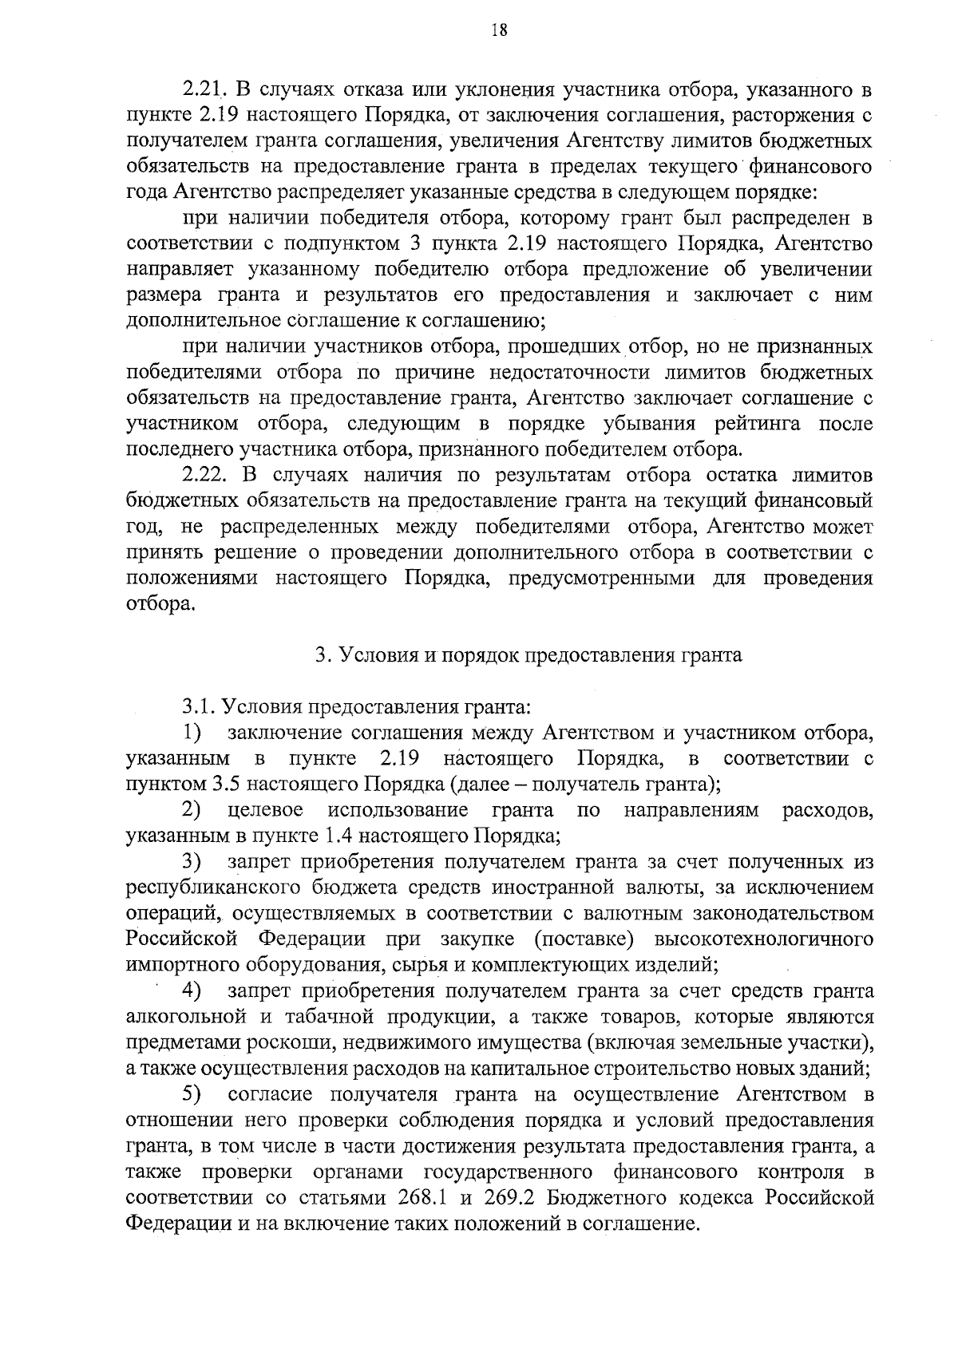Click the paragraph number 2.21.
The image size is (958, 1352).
206,88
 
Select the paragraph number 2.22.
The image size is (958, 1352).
208,476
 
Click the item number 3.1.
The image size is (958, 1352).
198,706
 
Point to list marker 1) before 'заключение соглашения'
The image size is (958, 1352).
192,731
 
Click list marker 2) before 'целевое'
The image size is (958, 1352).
192,810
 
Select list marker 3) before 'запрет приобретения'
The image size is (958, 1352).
192,862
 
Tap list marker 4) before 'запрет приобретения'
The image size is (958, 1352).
192,991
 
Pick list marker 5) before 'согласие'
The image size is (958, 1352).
192,1093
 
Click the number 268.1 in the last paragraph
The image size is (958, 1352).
423,1198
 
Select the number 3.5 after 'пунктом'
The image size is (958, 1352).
221,783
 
